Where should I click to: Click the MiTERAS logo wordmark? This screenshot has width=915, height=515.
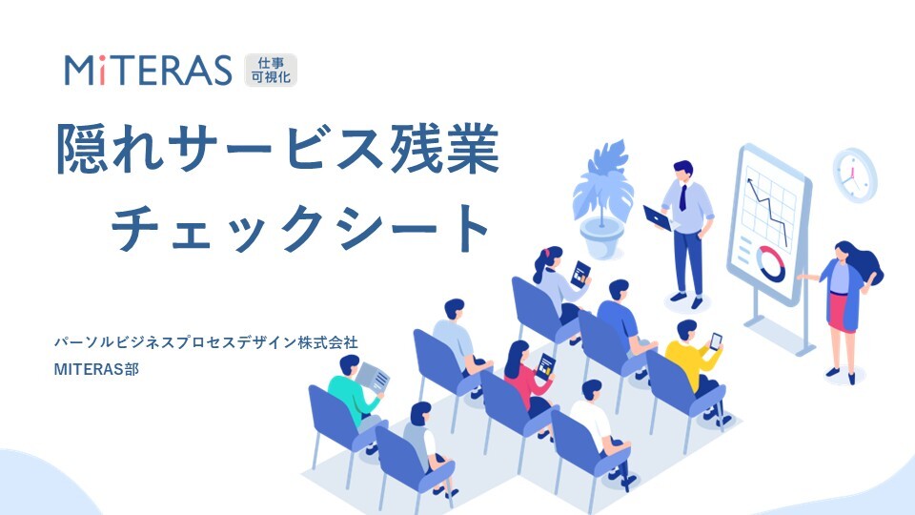[x=148, y=70]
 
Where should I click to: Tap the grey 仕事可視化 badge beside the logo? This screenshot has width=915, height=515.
[x=272, y=70]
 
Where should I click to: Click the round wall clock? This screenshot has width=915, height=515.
[x=854, y=174]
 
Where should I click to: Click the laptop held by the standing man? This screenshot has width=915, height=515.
[x=659, y=217]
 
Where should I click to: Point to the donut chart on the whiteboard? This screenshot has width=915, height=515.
[x=770, y=262]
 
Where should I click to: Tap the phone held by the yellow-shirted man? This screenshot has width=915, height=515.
[x=716, y=340]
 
